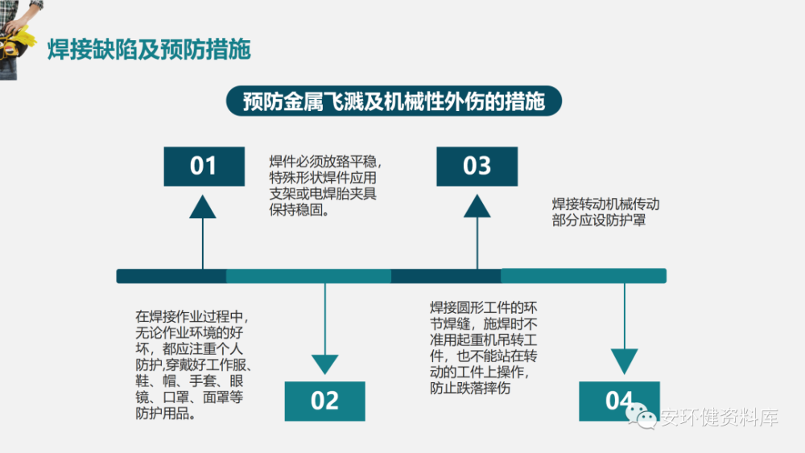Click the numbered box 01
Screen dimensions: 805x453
(204, 166)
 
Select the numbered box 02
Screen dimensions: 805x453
(324, 400)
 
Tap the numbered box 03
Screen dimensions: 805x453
(477, 166)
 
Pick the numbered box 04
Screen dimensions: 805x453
(619, 400)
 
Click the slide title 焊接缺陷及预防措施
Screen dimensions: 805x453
(149, 49)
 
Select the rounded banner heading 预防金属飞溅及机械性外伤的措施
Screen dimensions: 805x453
(394, 102)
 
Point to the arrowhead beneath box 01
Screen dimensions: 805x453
(203, 207)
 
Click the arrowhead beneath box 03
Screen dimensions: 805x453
(477, 207)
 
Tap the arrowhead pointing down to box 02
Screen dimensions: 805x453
(324, 364)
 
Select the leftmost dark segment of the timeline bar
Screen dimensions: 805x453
(171, 276)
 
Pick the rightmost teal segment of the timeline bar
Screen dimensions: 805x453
(584, 276)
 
